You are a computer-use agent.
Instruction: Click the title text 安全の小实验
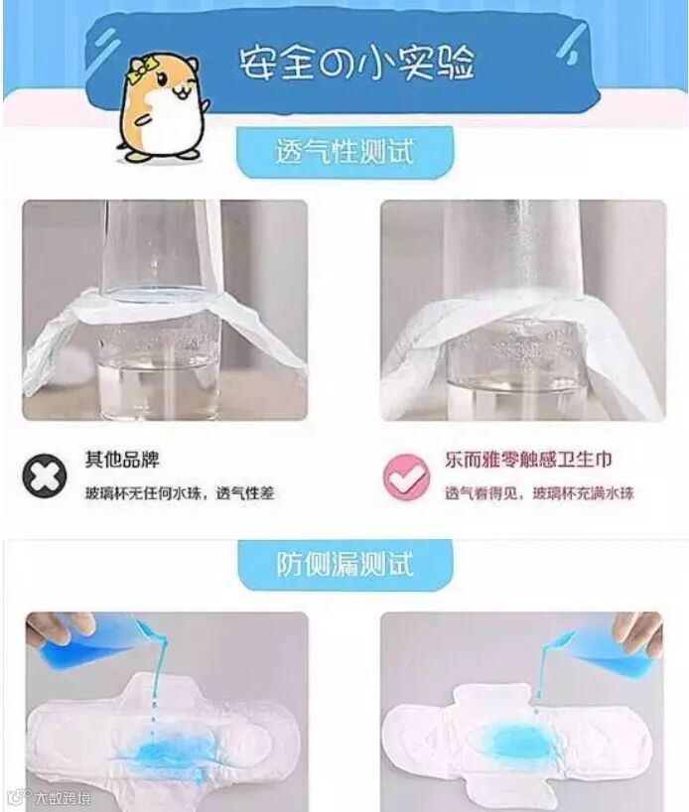[356, 64]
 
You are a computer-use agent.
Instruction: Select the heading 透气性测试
[344, 152]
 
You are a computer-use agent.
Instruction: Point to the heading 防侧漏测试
[345, 564]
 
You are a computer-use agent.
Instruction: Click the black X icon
[45, 475]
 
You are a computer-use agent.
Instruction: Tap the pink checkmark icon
[406, 476]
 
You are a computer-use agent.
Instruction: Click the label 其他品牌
[122, 460]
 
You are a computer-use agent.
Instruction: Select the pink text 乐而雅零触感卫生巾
[528, 460]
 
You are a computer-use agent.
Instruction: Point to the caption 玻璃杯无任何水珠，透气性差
[180, 493]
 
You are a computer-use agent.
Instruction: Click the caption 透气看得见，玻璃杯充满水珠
[539, 493]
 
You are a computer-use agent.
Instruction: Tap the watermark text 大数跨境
[63, 797]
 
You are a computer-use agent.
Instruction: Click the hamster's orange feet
[158, 153]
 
